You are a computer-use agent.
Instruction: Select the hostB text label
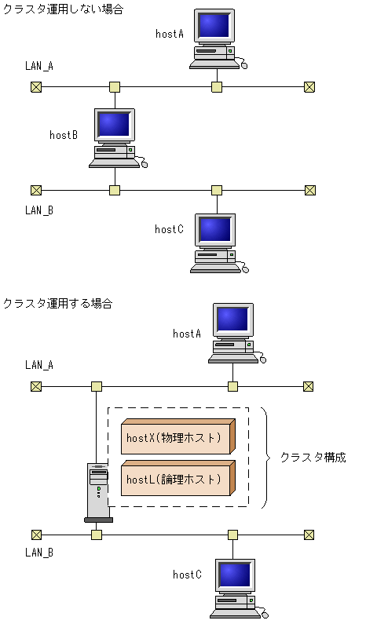coord(64,135)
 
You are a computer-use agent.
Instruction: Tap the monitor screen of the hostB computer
coord(115,125)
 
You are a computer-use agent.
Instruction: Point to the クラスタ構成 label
coord(313,457)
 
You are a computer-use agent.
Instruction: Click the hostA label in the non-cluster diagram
coord(170,34)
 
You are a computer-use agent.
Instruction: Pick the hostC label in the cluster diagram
coord(187,575)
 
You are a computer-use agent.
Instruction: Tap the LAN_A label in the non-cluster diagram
coord(39,66)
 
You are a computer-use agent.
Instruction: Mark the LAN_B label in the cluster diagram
coord(39,553)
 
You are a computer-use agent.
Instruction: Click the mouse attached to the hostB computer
coord(144,164)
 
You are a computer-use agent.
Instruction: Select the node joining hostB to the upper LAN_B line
coord(115,190)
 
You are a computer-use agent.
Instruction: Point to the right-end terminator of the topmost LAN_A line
coord(309,87)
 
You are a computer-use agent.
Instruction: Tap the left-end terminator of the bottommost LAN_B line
coord(36,535)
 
